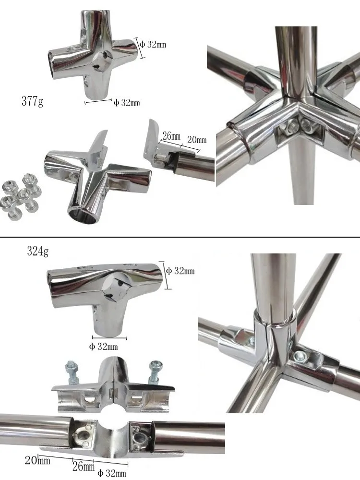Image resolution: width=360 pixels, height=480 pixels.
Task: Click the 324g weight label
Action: [38, 251]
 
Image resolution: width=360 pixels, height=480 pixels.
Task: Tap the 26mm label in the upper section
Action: [171, 136]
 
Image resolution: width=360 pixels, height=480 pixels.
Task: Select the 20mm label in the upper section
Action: [197, 140]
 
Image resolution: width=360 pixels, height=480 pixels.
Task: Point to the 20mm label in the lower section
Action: [37, 461]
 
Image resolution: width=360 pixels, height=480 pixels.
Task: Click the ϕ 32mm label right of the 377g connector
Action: [153, 45]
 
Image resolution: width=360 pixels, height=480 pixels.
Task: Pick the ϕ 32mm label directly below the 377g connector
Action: [127, 103]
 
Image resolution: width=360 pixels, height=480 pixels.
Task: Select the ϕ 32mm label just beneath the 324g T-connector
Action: [103, 347]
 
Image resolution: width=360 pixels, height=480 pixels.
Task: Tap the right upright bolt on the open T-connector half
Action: [156, 371]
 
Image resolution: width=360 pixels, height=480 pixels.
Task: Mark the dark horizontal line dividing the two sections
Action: [180, 237]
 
